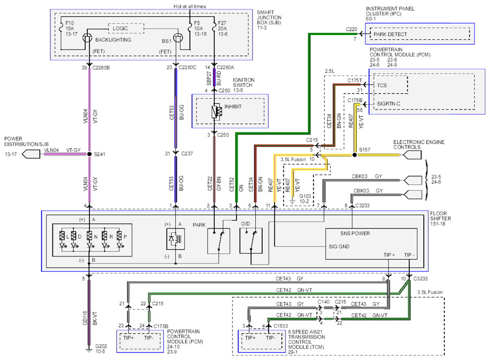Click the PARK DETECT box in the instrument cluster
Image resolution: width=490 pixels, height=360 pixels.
tap(420, 34)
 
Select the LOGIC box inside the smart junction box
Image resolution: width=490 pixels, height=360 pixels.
tap(126, 28)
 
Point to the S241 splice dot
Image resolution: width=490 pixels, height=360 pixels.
tap(89, 154)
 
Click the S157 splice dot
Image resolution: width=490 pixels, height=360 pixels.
tap(354, 155)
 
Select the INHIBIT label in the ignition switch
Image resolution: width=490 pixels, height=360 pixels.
tap(233, 106)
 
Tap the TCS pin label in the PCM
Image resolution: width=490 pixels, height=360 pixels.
tap(382, 85)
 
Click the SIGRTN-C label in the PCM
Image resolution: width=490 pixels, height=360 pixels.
tap(388, 104)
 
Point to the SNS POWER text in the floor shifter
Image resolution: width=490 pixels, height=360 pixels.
tap(355, 233)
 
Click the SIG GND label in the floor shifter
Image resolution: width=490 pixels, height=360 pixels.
tap(339, 246)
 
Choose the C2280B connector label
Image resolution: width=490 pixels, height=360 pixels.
tap(101, 68)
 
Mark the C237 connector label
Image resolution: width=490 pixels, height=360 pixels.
tap(187, 153)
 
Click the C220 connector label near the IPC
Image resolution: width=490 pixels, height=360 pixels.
tap(351, 29)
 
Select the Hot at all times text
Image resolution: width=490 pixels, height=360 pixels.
tap(189, 6)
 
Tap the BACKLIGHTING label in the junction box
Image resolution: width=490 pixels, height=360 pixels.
tap(113, 40)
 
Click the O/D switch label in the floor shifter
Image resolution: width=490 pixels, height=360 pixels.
tap(245, 223)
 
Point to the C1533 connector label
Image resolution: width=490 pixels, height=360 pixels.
tap(280, 325)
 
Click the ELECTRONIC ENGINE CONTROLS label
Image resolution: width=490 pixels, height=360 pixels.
tap(419, 145)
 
